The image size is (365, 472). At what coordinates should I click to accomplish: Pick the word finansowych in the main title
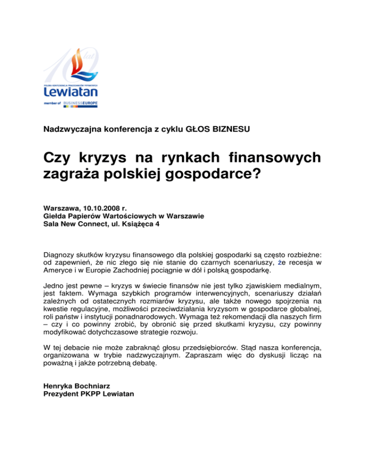click(x=274, y=157)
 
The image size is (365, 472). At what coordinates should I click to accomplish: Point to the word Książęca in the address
click(x=135, y=224)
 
